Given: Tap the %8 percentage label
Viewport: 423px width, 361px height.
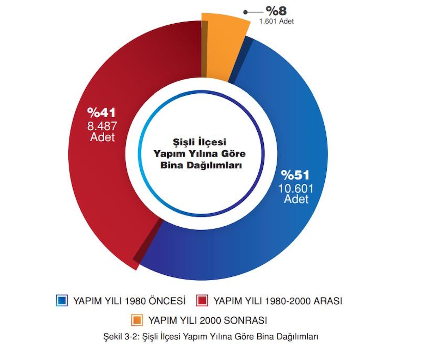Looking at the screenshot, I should (276, 11).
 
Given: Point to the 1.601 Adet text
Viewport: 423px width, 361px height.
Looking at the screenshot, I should (276, 21).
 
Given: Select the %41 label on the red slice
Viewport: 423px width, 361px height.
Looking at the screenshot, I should (101, 113).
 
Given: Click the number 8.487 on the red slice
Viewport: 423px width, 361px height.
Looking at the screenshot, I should (102, 126).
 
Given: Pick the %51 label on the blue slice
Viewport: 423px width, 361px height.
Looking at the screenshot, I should (295, 175).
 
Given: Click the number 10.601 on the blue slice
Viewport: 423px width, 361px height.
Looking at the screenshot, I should (296, 188).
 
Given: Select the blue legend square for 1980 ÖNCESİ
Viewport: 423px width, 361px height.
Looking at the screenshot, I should (62, 300).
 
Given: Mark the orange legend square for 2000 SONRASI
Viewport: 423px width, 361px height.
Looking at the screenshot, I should (137, 320).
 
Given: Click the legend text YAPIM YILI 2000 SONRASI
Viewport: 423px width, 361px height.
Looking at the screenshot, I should (207, 320).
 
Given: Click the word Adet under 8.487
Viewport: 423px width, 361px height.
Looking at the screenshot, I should (102, 137).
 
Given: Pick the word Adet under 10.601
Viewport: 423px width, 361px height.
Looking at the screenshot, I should (296, 199).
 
